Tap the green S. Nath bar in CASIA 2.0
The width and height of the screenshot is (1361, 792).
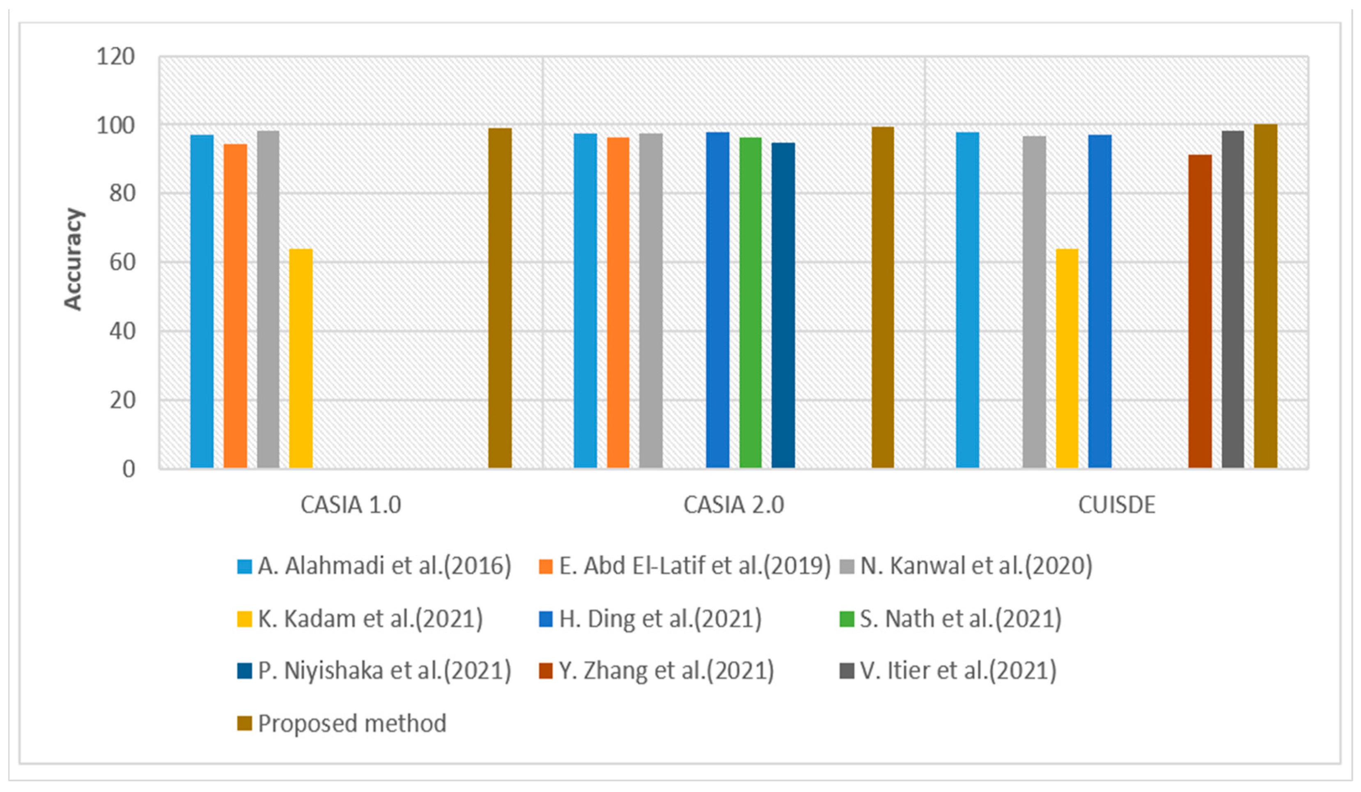point(750,303)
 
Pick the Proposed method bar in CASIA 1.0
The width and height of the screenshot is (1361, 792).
point(500,298)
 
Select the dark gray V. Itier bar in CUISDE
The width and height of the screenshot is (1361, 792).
point(1232,299)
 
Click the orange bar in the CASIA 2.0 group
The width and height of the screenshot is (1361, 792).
point(618,303)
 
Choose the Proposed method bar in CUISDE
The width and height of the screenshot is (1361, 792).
point(1265,296)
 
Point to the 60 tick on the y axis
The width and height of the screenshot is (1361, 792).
point(122,262)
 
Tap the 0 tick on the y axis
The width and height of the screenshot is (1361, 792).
point(129,469)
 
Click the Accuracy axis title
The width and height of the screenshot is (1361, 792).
point(73,259)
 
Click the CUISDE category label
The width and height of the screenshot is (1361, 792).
point(1116,505)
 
